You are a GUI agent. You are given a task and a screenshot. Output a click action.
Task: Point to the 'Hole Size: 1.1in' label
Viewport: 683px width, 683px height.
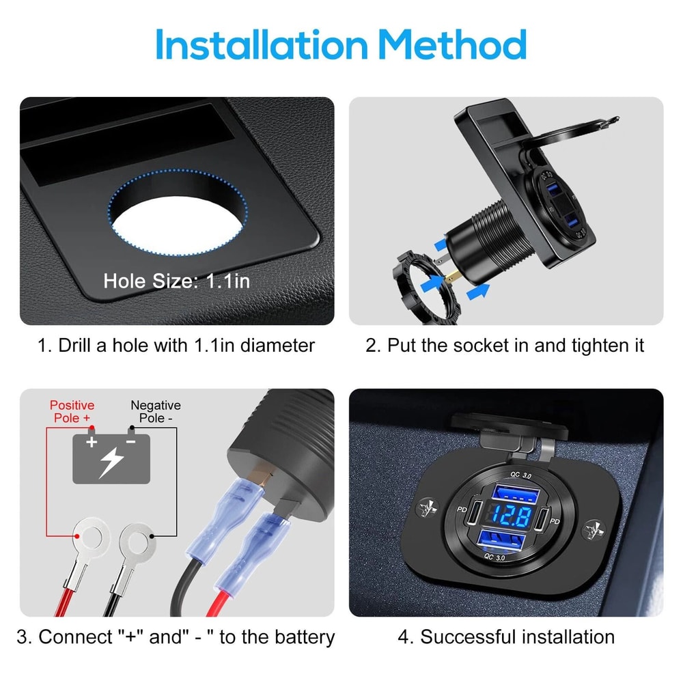coord(177,281)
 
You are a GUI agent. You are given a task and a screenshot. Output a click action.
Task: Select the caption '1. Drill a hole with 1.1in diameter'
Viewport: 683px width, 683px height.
coord(176,345)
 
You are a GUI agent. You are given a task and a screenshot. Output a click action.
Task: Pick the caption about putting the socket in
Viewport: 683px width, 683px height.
coord(505,345)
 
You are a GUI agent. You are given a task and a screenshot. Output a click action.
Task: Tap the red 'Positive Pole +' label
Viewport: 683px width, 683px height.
coord(72,411)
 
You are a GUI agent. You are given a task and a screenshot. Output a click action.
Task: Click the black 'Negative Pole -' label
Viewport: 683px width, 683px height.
coord(156,411)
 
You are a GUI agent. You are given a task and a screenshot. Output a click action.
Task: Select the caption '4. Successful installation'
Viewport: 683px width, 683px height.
coord(506,637)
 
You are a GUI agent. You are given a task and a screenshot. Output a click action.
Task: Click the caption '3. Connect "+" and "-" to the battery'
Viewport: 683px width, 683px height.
coord(176,637)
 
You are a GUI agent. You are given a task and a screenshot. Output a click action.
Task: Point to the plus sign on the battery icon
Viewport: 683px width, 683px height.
coord(92,442)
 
